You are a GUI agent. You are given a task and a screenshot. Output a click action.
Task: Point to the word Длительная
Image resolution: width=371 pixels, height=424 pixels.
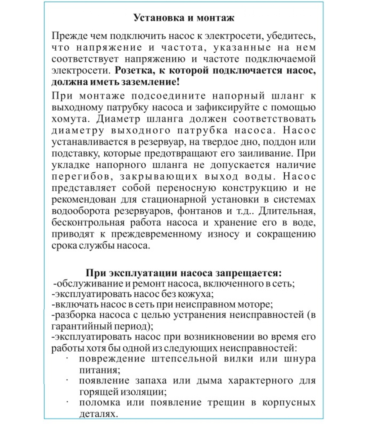coord(287,211)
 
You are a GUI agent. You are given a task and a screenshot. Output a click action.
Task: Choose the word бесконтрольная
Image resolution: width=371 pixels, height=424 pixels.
coord(88,222)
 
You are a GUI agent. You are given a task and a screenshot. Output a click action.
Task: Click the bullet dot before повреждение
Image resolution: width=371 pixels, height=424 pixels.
coord(67,359)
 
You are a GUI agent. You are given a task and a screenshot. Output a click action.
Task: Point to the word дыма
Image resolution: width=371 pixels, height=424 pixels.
coord(209,381)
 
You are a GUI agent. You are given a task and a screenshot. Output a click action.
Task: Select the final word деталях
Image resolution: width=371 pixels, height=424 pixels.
coord(98,414)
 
